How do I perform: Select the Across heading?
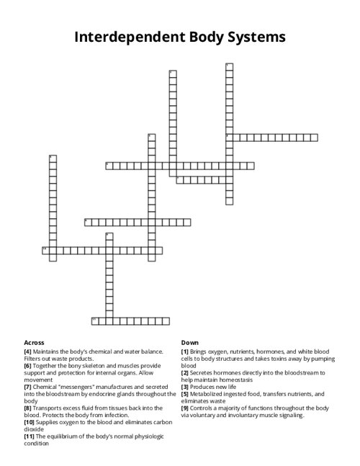pyautogui.click(x=34, y=342)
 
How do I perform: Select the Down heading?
pyautogui.click(x=189, y=342)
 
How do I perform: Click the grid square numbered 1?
pyautogui.click(x=229, y=67)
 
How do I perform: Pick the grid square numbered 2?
pyautogui.click(x=172, y=73)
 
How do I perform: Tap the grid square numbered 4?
pyautogui.click(x=229, y=136)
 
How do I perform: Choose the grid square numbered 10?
pyautogui.click(x=45, y=249)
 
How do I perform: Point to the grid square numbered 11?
pyautogui.click(x=94, y=319)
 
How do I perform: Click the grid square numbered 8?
pyautogui.click(x=87, y=221)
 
